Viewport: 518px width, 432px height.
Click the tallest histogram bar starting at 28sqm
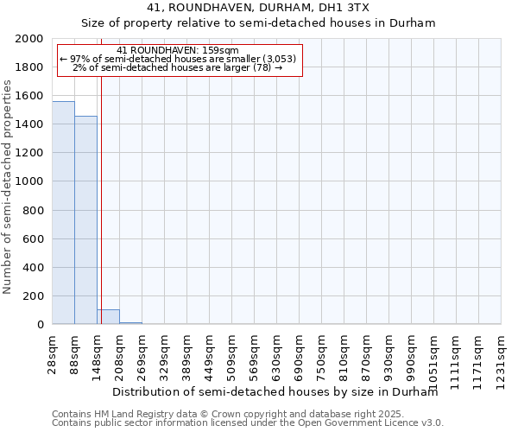[63, 213]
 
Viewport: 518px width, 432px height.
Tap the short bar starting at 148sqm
[108, 316]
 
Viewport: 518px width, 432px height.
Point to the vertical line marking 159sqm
[101, 199]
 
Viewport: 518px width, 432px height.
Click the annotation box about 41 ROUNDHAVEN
[178, 60]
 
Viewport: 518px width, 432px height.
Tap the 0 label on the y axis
[40, 325]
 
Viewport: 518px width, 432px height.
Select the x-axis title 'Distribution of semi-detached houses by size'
[275, 391]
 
